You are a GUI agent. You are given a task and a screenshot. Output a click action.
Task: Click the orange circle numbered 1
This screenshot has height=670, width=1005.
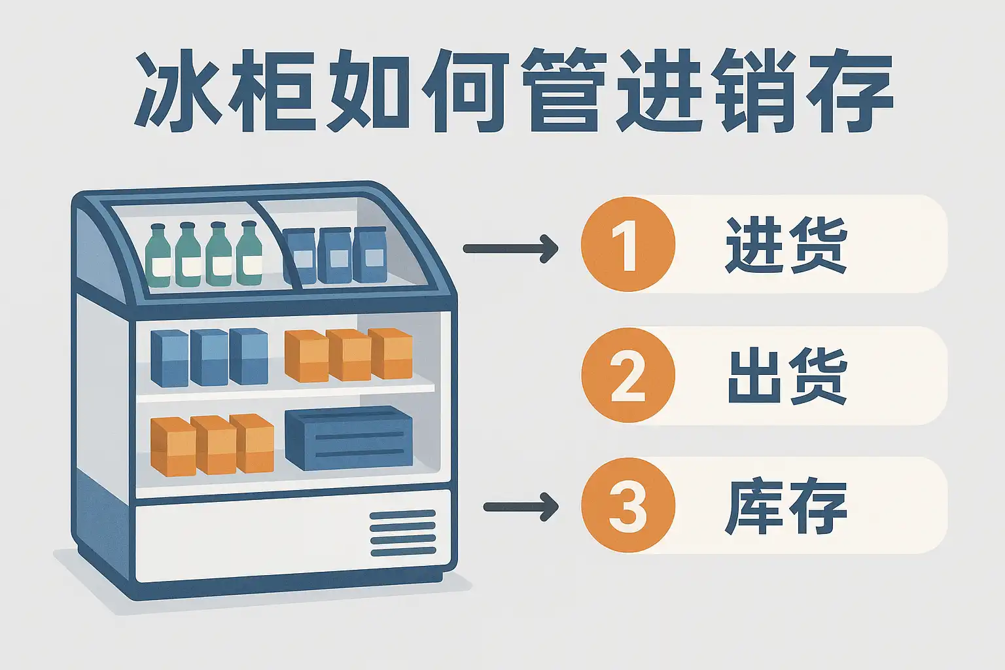click(x=627, y=244)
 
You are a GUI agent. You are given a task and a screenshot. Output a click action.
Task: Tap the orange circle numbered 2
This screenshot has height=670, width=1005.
click(x=627, y=375)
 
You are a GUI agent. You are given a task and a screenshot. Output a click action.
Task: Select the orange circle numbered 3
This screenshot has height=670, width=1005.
click(x=627, y=505)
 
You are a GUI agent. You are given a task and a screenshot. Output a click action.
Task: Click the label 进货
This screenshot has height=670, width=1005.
click(x=786, y=245)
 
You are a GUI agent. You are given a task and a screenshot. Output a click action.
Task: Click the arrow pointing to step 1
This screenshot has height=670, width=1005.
click(x=510, y=249)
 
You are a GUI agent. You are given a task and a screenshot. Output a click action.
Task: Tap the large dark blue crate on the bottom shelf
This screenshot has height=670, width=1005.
click(x=349, y=438)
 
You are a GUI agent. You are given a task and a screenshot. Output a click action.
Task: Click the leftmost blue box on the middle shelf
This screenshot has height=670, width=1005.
click(x=169, y=358)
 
